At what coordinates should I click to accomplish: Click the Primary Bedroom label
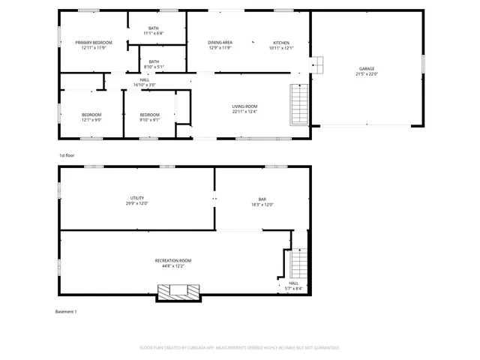coord(93,43)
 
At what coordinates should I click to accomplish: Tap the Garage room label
coord(366,69)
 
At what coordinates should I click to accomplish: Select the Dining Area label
coord(220,43)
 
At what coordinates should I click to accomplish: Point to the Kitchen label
coord(281,43)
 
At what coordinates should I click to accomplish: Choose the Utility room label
coord(136,198)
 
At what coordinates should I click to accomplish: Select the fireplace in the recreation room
coord(178,291)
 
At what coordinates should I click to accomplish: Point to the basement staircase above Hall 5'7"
coord(298,262)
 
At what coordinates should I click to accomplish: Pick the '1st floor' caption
coord(67,155)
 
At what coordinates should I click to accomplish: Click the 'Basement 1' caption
coord(66,311)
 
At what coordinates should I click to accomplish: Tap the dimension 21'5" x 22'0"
coord(366,74)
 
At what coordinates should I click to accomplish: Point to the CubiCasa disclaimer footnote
coord(240,348)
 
